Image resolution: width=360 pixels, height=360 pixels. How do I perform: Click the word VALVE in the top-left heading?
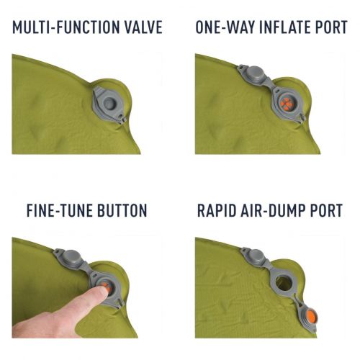point(143,27)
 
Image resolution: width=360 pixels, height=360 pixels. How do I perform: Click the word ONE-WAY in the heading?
point(225,27)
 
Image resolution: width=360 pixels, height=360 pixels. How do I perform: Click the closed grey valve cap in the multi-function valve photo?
point(110,104)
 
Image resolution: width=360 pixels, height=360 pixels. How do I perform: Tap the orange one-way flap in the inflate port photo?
point(287,104)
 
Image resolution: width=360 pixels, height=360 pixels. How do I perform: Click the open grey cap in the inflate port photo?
point(254,73)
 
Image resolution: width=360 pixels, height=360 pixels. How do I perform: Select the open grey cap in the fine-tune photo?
point(71,257)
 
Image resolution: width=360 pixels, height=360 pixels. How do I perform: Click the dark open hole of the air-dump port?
point(284,282)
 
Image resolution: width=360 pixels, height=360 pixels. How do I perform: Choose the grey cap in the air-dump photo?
point(256,256)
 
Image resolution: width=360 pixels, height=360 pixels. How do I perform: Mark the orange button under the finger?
point(107,287)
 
